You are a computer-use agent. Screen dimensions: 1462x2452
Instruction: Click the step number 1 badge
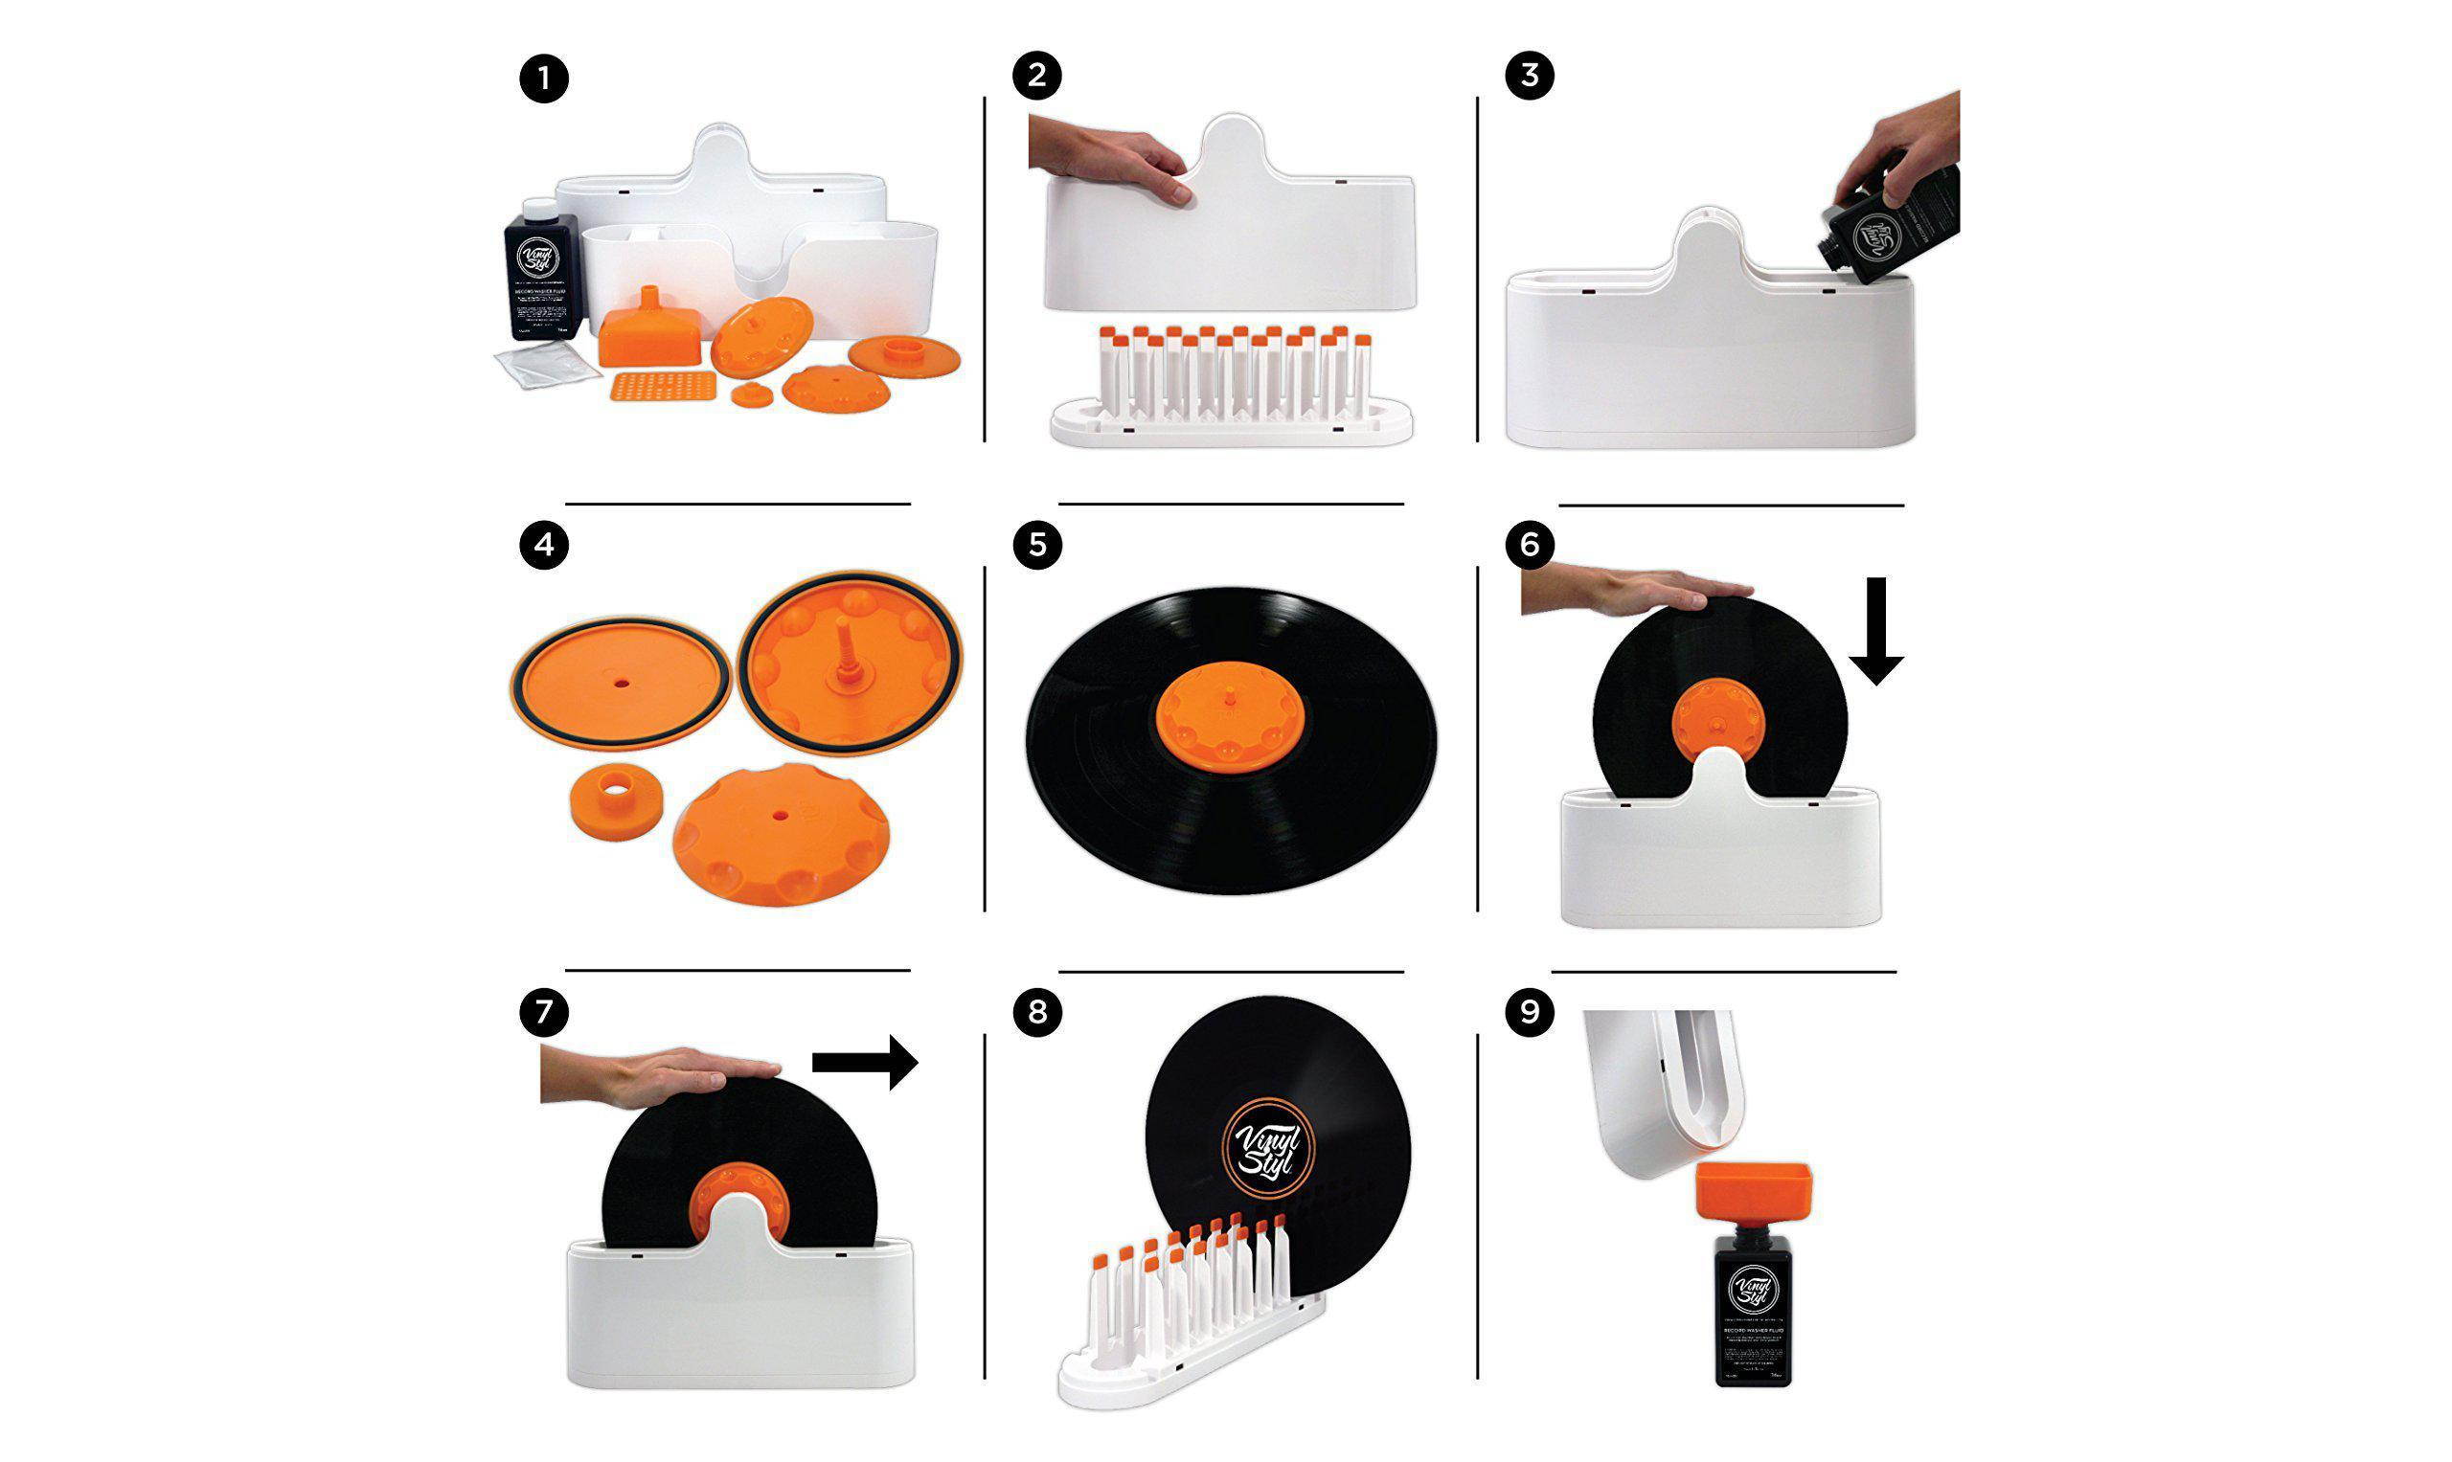click(544, 77)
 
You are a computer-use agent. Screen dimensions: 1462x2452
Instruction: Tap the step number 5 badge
click(1036, 544)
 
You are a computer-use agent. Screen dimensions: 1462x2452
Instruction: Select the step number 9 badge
click(1530, 1012)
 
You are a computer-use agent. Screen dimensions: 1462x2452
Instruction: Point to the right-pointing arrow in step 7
click(863, 1062)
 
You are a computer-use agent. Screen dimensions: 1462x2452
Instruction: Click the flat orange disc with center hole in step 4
click(624, 686)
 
